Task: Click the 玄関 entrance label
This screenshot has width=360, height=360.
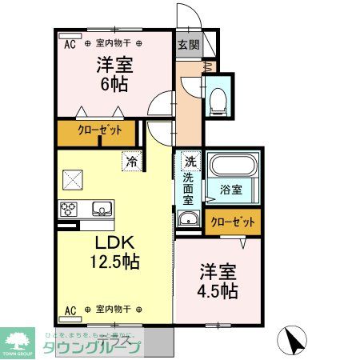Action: pyautogui.click(x=188, y=45)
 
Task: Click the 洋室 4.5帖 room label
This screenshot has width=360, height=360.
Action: pyautogui.click(x=218, y=281)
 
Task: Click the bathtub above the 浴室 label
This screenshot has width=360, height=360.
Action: pyautogui.click(x=230, y=166)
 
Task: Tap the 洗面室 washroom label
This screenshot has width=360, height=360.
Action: pyautogui.click(x=189, y=188)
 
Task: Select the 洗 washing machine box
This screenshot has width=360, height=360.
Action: pyautogui.click(x=189, y=160)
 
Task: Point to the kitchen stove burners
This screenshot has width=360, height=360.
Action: pyautogui.click(x=69, y=210)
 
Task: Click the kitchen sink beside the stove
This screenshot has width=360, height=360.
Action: pyautogui.click(x=102, y=210)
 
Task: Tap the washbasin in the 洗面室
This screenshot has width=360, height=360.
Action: pyautogui.click(x=189, y=220)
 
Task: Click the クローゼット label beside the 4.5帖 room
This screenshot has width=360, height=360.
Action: pyautogui.click(x=233, y=222)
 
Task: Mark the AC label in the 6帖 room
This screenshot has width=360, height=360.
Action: pyautogui.click(x=69, y=42)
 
